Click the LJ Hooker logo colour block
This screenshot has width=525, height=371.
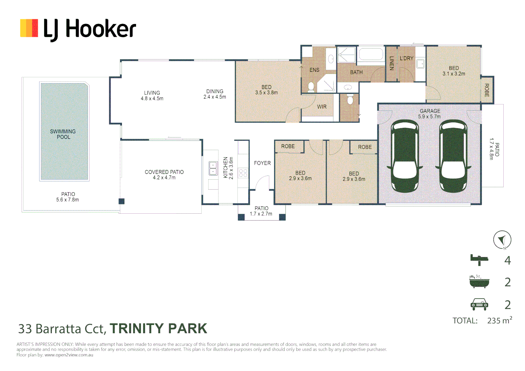pos(29,28)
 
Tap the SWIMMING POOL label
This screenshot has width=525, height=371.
pos(63,134)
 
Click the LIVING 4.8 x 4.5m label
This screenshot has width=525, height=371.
pos(152,95)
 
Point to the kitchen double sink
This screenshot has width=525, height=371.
pos(213,168)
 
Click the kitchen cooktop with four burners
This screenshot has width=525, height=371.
pos(243,173)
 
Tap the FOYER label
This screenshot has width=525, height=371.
pos(262,163)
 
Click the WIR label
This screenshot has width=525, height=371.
pos(322,107)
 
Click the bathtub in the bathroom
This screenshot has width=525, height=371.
pos(371,55)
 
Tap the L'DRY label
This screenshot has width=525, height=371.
pos(406,58)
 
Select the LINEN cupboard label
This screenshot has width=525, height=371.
pos(391,63)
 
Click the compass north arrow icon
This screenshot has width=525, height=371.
pos(502,239)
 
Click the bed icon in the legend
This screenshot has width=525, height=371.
pos(479,260)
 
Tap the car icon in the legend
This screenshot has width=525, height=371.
pos(479,304)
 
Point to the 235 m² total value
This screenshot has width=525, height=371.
pos(499,321)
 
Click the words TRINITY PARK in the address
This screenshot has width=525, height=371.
pos(158,329)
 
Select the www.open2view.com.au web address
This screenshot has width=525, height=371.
pos(69,355)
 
